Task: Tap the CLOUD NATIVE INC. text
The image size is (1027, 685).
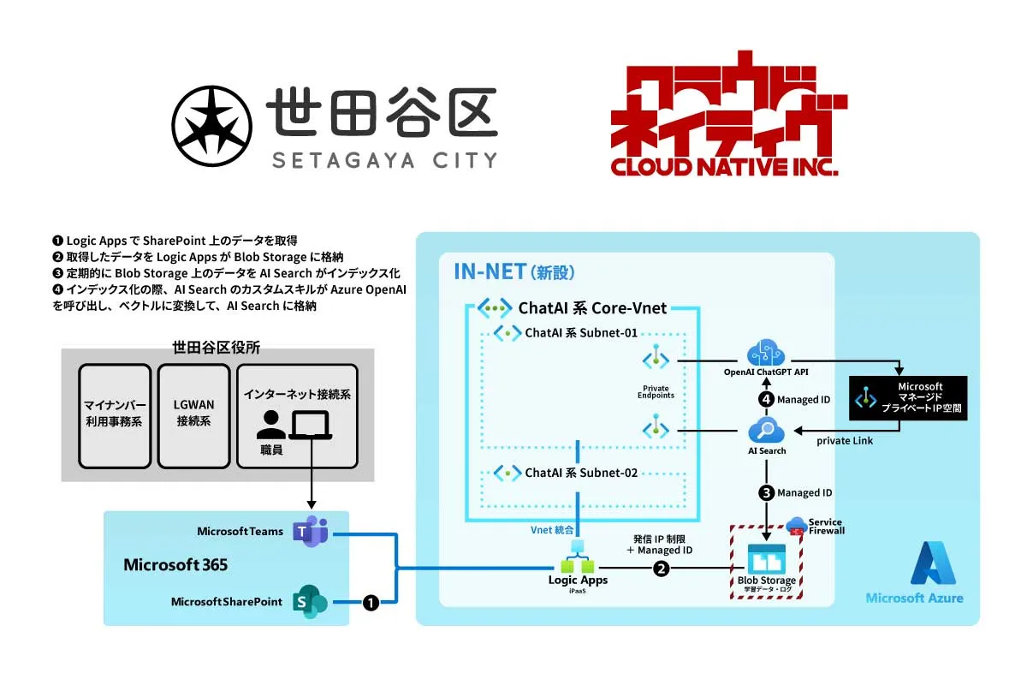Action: pyautogui.click(x=724, y=164)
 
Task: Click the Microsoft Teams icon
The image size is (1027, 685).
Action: pyautogui.click(x=306, y=532)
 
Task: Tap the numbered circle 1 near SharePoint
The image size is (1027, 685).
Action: pyautogui.click(x=371, y=603)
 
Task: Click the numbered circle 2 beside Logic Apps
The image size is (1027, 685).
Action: pyautogui.click(x=660, y=569)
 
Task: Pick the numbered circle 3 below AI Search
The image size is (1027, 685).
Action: pyautogui.click(x=766, y=493)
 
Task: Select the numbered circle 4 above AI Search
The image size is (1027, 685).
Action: pyautogui.click(x=766, y=399)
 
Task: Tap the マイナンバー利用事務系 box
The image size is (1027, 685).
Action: pyautogui.click(x=114, y=415)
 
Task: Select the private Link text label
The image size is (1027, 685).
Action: pyautogui.click(x=846, y=441)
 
